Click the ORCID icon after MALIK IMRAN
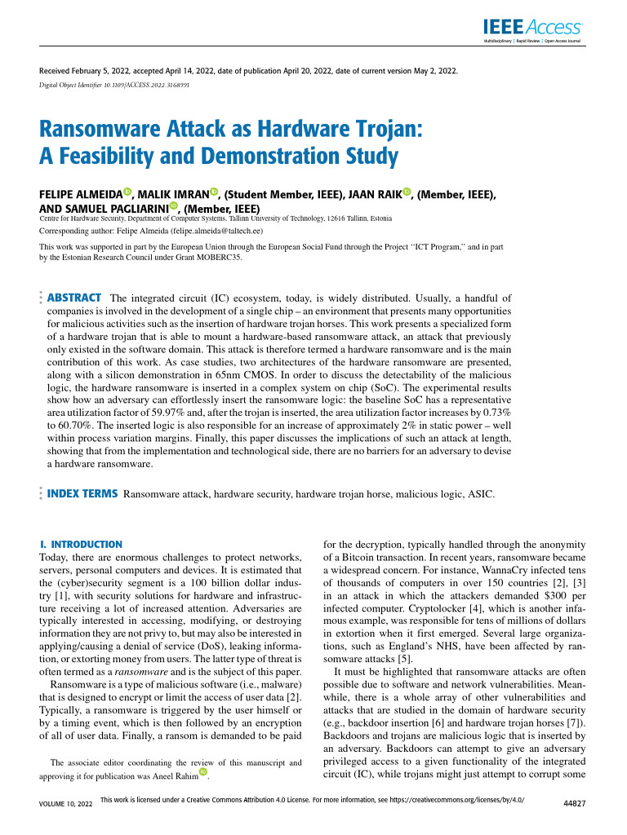[215, 192]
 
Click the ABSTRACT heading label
[75, 298]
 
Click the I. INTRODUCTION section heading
[81, 544]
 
